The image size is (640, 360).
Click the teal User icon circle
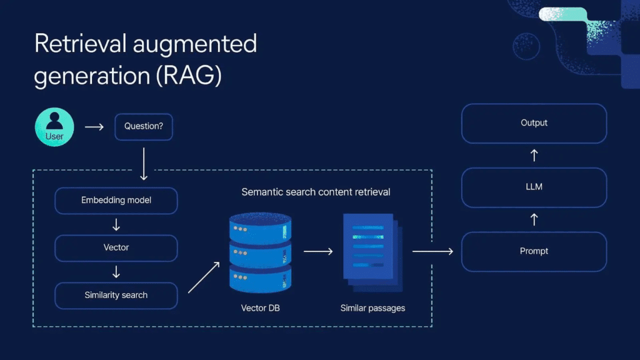[54, 127]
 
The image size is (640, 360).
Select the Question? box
[144, 126]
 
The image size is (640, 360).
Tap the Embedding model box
[116, 201]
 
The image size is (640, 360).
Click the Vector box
[116, 247]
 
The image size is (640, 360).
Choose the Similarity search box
[116, 295]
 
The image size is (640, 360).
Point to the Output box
[534, 123]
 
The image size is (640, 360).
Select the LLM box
[534, 187]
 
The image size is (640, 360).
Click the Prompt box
[534, 251]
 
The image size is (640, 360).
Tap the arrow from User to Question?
[94, 127]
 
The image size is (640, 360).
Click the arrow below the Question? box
[144, 163]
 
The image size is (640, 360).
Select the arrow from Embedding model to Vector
[116, 224]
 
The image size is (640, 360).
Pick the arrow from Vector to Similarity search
[116, 271]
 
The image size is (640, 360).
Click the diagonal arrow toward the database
[204, 277]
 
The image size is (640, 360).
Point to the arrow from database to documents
[319, 251]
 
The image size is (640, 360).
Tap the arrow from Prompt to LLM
[534, 219]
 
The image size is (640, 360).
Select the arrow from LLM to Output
[534, 155]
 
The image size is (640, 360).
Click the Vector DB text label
[260, 308]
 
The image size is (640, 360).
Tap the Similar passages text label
[372, 308]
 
